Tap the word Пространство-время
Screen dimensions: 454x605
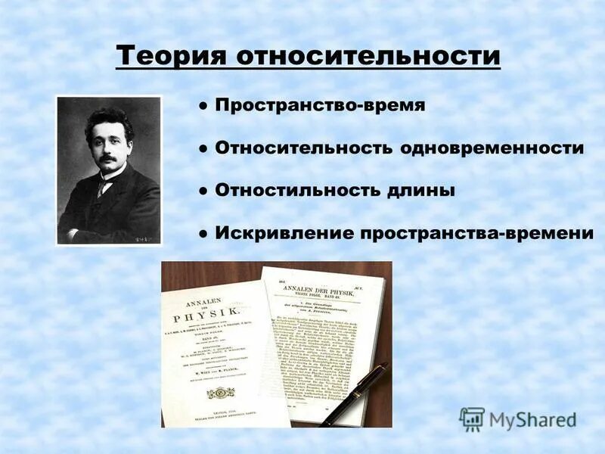pyautogui.click(x=320, y=105)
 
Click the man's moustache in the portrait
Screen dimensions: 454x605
pyautogui.click(x=108, y=159)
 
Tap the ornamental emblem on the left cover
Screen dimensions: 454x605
pyautogui.click(x=221, y=393)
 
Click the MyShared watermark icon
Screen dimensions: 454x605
pyautogui.click(x=472, y=418)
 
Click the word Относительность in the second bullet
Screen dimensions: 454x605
pyautogui.click(x=299, y=148)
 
